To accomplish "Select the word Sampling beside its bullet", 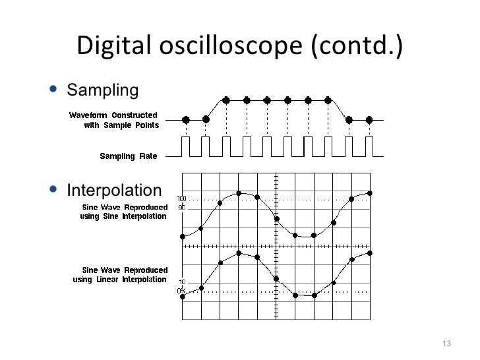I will click(104, 89).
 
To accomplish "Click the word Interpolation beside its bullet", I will click(113, 191).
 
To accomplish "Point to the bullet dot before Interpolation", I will click(53, 191).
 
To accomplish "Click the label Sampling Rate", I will click(128, 156).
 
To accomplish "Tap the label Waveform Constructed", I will click(113, 115).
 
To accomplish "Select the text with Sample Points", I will click(121, 125).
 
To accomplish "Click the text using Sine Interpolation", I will click(123, 216).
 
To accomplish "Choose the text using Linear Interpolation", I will click(119, 279).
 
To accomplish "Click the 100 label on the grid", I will click(181, 198).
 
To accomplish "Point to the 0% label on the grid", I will click(181, 290).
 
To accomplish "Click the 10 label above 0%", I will click(182, 282).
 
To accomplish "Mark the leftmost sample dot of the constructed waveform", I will click(185, 120).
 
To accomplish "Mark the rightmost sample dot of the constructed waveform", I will click(369, 120).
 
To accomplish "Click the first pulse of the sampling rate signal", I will click(186, 147).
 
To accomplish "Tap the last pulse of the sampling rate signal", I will click(369, 147).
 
